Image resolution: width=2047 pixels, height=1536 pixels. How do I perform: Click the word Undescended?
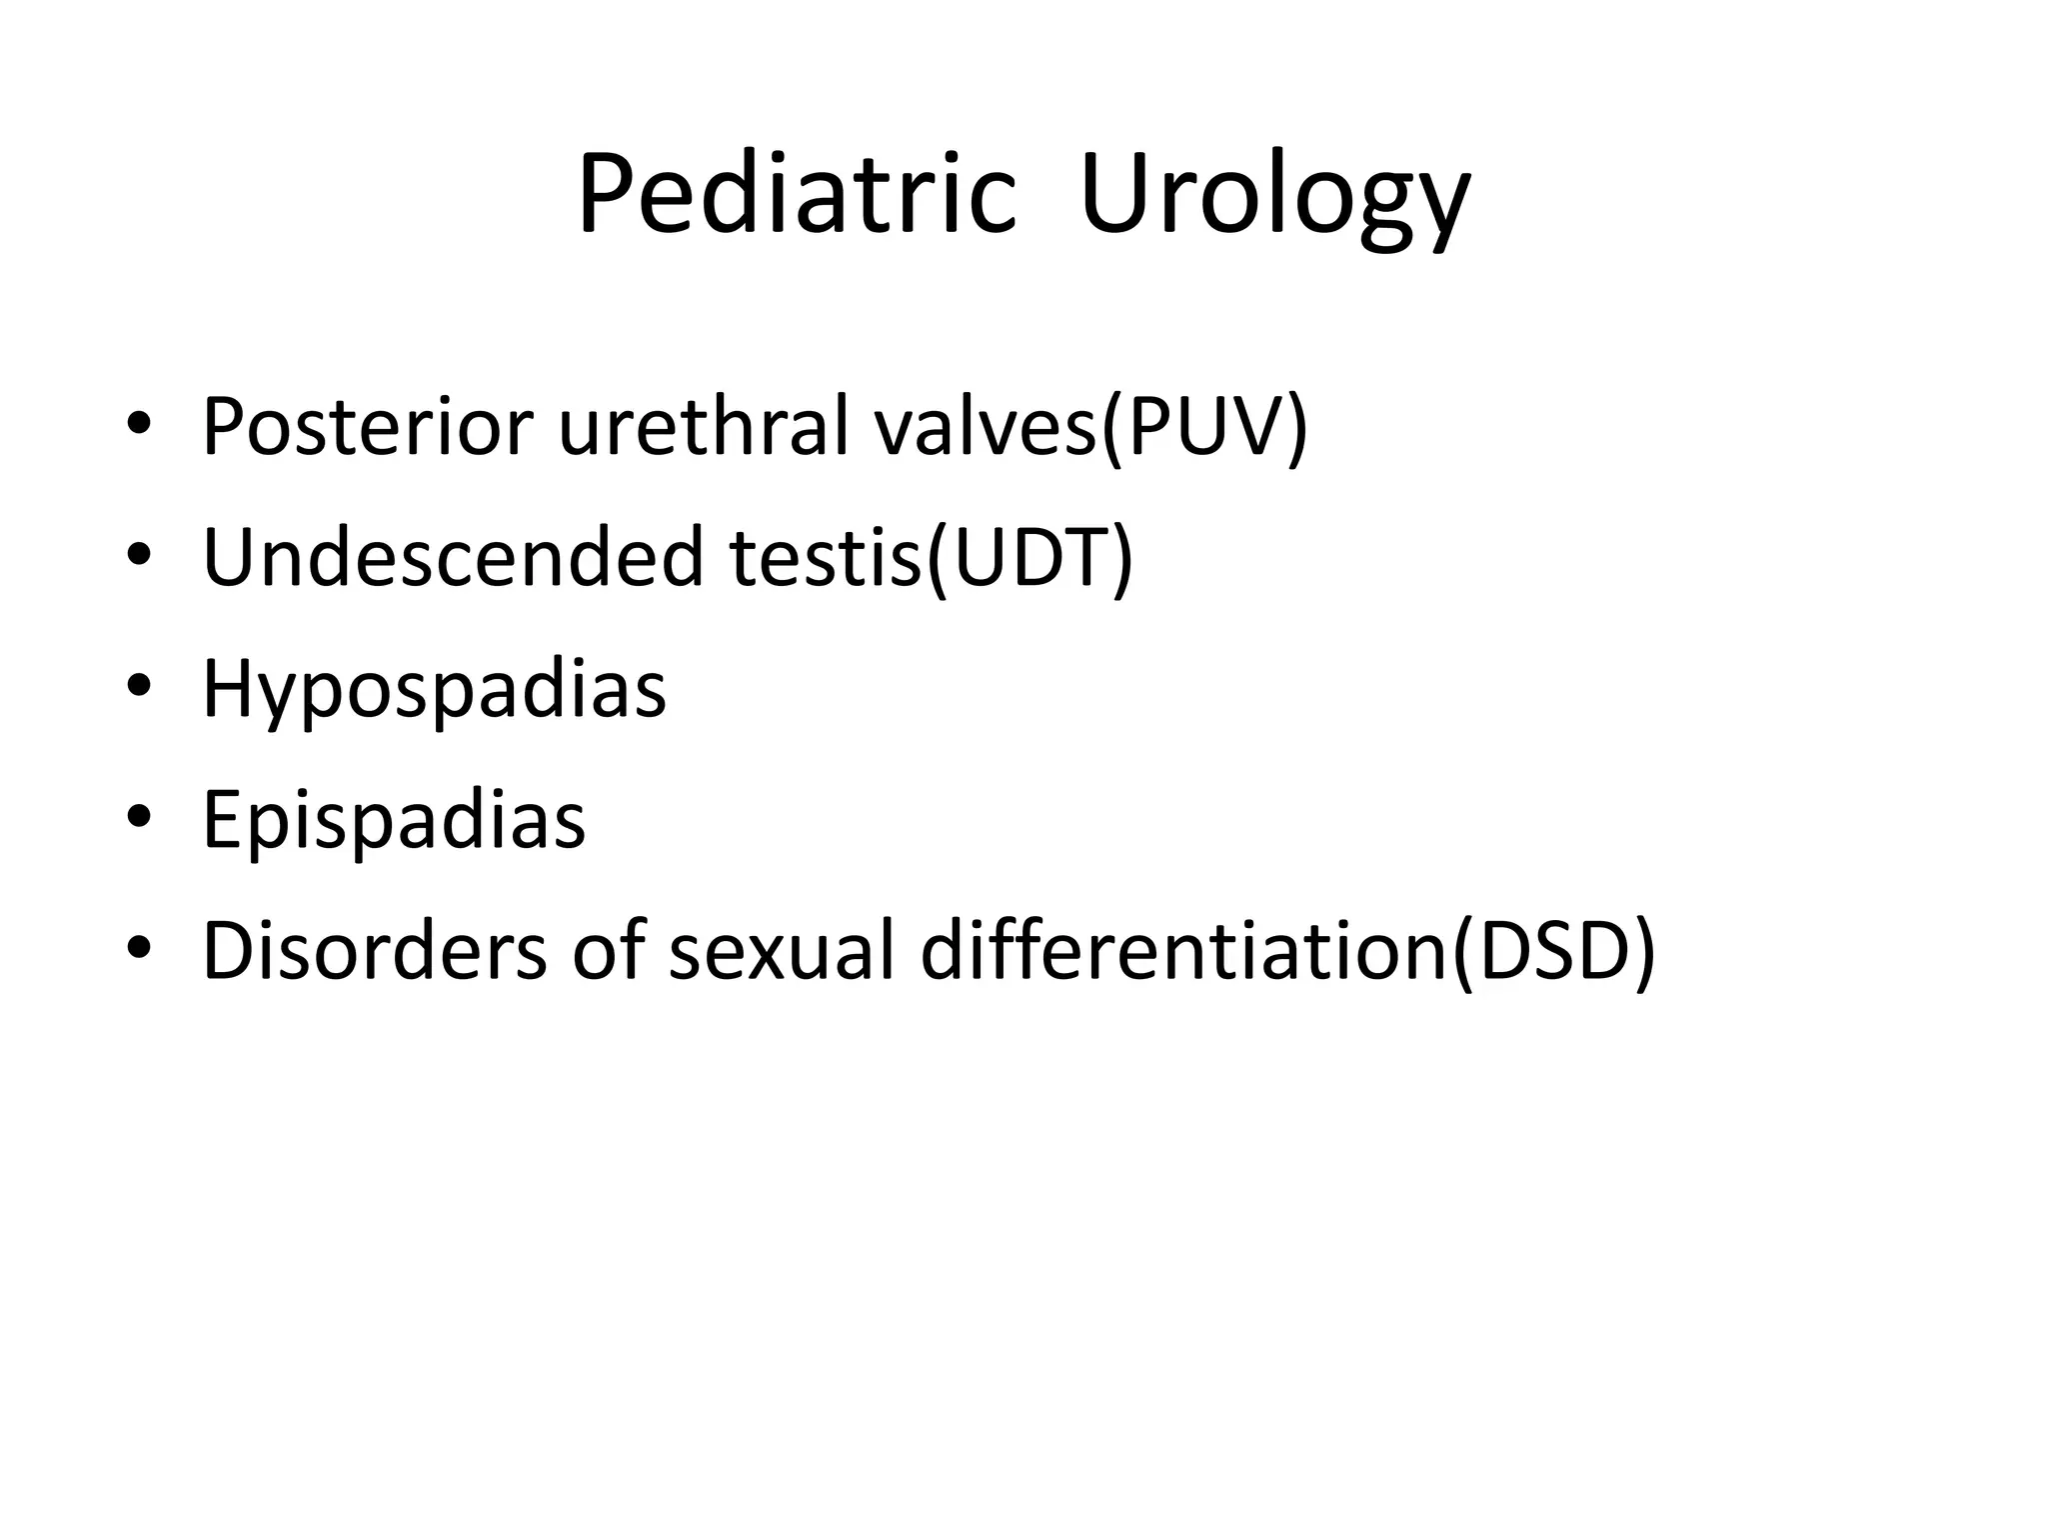454,557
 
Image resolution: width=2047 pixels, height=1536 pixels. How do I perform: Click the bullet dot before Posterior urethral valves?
139,426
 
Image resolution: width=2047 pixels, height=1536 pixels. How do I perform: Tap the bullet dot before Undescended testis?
139,556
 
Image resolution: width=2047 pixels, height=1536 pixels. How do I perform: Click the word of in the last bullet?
608,951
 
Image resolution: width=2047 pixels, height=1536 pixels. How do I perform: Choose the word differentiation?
1183,951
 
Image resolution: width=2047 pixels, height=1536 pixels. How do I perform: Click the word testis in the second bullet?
825,557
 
